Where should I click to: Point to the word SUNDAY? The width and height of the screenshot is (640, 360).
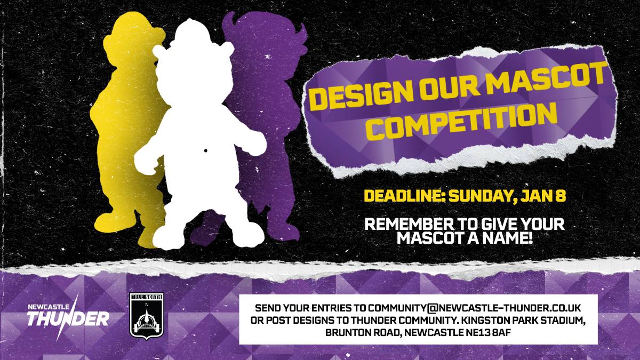coord(482,196)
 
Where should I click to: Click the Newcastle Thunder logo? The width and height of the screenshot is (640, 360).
coord(68,316)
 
